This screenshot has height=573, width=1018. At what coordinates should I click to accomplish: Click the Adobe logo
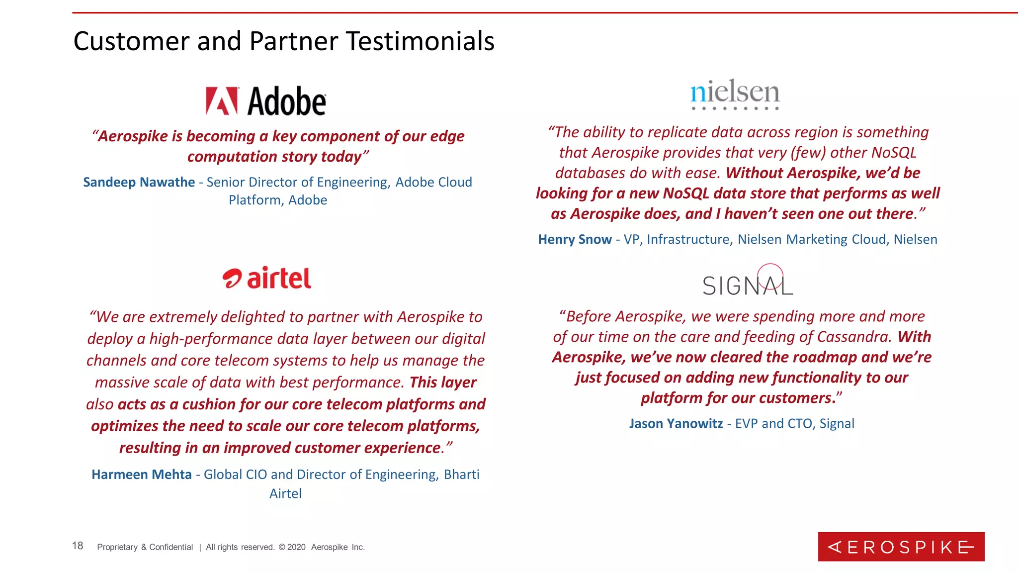click(x=266, y=101)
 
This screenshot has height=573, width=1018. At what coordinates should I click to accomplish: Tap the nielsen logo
click(x=735, y=94)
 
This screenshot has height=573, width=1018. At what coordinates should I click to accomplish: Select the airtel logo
click(x=267, y=278)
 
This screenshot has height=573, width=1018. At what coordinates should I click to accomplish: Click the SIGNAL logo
click(x=748, y=282)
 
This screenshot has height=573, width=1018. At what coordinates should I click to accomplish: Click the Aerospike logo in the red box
click(x=901, y=547)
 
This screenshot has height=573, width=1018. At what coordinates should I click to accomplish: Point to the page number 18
click(x=78, y=546)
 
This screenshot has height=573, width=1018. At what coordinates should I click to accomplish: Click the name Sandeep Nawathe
click(x=139, y=182)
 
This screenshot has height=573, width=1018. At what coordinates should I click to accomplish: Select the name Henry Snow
click(x=575, y=239)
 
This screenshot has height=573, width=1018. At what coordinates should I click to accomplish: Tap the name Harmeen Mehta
click(x=142, y=475)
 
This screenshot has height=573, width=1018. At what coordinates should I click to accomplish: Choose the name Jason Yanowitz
click(x=676, y=423)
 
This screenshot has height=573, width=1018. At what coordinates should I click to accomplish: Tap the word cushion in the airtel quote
click(x=209, y=404)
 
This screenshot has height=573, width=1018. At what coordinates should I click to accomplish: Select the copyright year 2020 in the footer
click(x=296, y=547)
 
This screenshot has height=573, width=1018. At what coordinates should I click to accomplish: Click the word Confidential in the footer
click(x=171, y=547)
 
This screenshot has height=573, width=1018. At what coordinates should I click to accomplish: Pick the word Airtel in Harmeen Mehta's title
click(x=285, y=493)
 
